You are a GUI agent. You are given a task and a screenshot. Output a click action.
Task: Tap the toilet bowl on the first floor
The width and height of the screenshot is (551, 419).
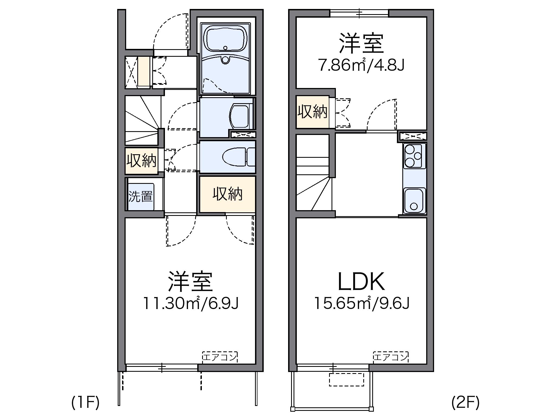click(235, 157)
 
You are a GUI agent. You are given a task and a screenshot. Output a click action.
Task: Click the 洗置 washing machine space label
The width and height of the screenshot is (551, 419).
click(141, 196)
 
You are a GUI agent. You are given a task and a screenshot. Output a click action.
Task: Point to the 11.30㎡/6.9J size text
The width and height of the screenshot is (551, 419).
click(191, 303)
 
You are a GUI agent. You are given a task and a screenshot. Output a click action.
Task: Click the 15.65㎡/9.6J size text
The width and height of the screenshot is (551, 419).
click(362, 303)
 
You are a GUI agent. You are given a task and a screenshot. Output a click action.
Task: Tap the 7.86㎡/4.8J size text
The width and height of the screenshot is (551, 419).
click(361, 65)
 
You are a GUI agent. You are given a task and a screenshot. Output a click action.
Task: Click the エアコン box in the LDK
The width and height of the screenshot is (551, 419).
click(391, 357)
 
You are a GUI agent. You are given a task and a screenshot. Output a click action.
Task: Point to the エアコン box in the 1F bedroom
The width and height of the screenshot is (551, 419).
click(220, 357)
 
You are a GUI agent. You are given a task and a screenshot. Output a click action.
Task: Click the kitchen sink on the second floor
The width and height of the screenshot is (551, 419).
click(414, 200)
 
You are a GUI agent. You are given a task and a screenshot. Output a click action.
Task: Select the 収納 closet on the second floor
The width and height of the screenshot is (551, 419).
click(313, 112)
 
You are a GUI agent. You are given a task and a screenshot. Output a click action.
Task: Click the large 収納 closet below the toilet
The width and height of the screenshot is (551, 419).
click(227, 194)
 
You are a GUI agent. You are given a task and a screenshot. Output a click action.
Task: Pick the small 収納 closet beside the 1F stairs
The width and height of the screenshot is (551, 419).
click(141, 161)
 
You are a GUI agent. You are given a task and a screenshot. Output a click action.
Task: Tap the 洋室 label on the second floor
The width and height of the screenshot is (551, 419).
click(361, 43)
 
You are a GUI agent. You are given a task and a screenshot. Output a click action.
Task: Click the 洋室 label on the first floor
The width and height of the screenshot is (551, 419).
click(190, 281)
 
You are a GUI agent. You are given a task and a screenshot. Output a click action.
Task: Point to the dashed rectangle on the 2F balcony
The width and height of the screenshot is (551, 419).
click(346, 380)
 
